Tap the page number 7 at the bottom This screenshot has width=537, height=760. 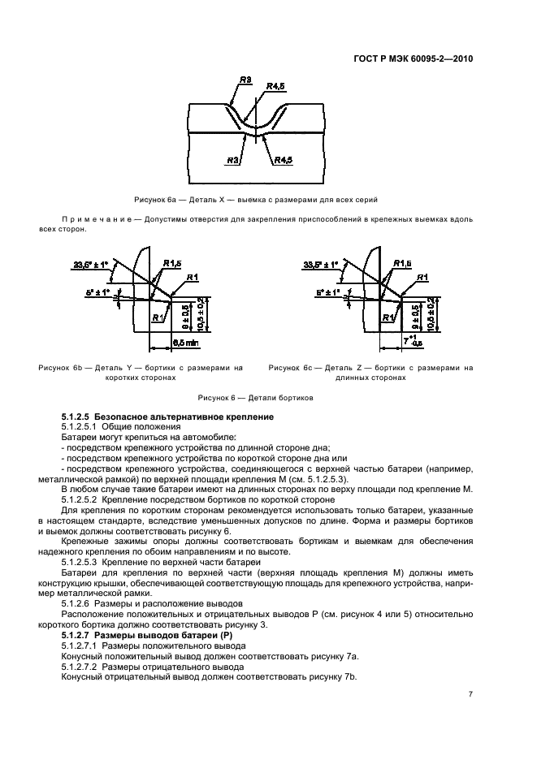click(471, 694)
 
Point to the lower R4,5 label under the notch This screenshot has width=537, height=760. click(283, 160)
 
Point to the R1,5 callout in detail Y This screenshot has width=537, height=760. click(172, 263)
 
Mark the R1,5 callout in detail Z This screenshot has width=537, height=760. click(402, 263)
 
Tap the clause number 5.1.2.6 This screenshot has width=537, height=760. click(77, 603)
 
